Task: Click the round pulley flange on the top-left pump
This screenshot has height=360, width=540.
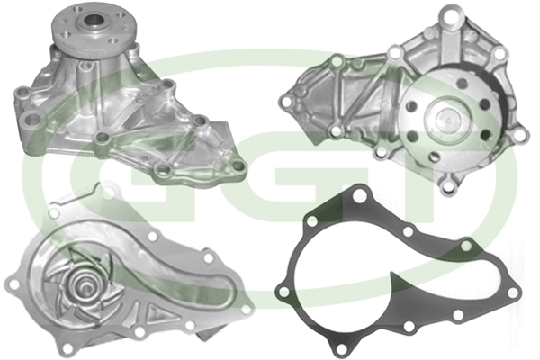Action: (94, 27)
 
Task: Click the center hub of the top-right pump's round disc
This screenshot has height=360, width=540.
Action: (447, 119)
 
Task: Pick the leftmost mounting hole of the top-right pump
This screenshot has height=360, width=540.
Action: (285, 102)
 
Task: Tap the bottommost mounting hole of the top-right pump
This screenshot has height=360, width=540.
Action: (447, 186)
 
